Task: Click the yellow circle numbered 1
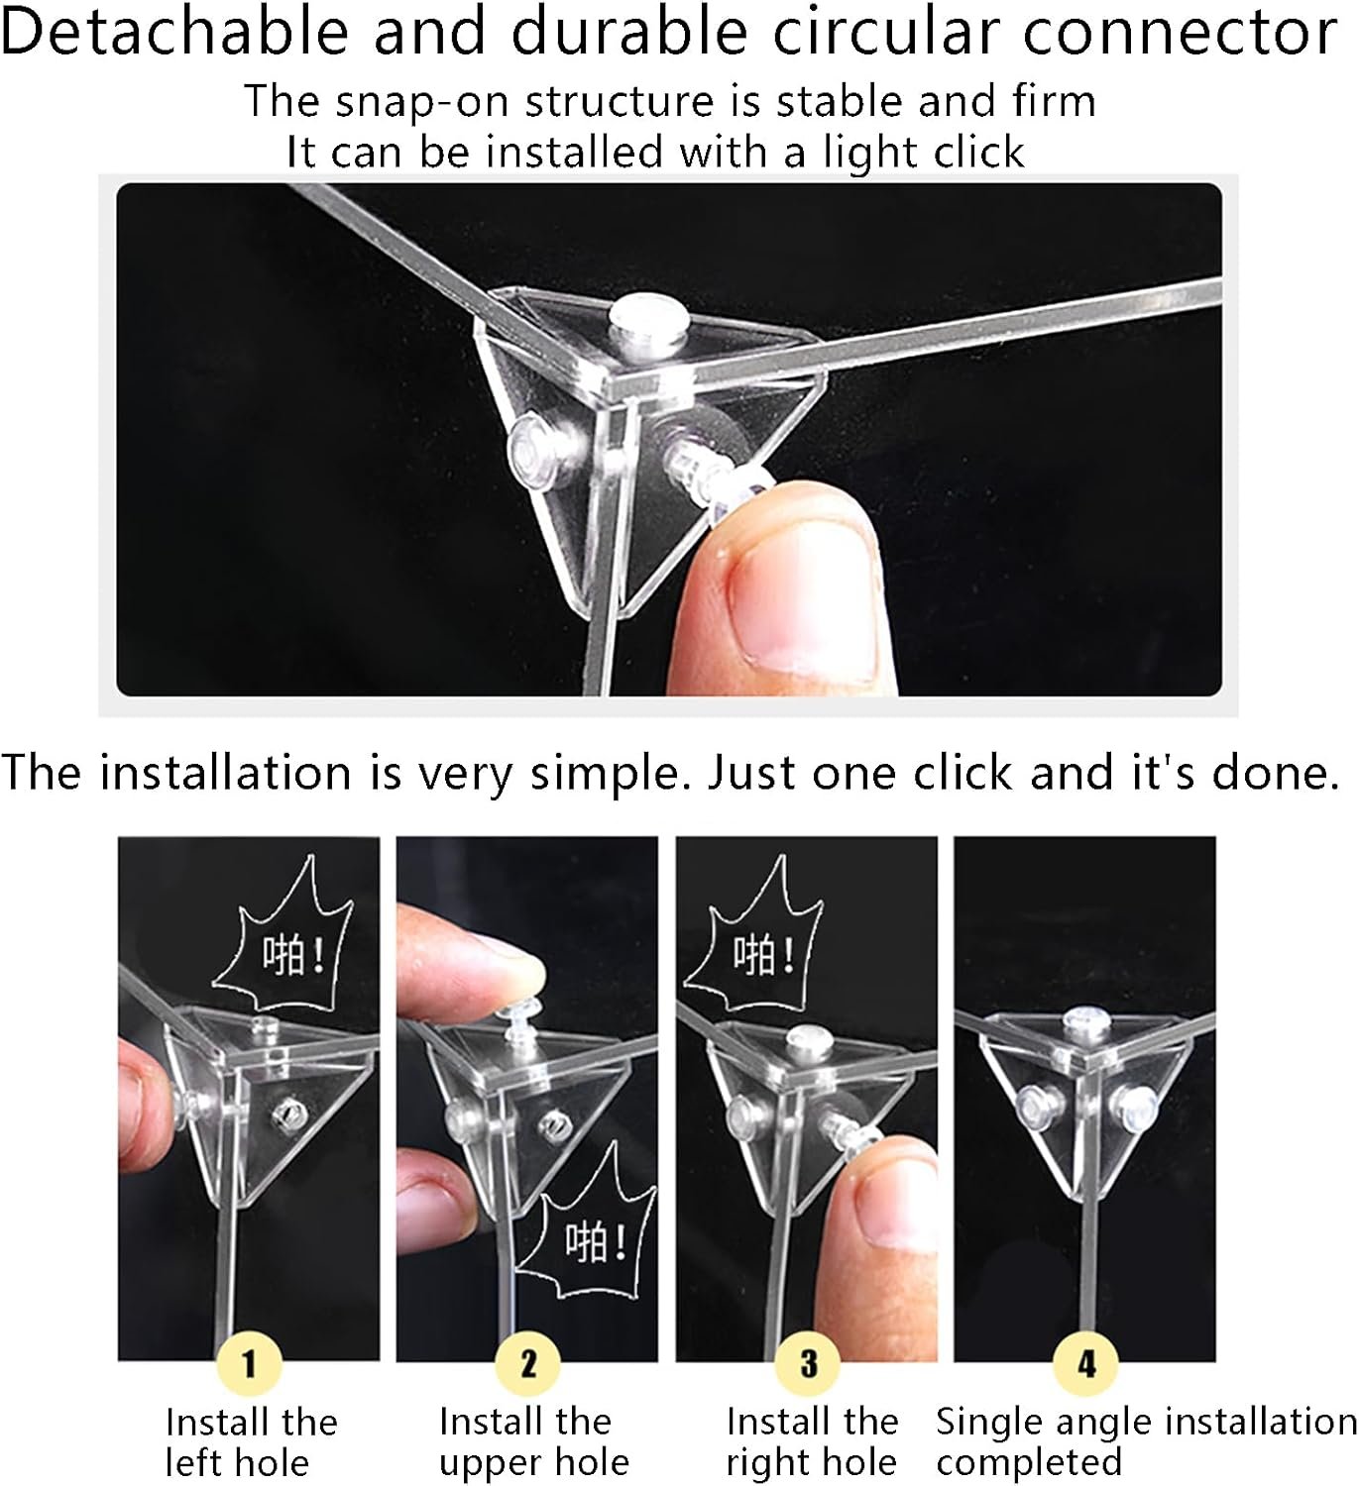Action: [249, 1364]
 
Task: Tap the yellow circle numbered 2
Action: [528, 1364]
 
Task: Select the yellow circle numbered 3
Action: [808, 1364]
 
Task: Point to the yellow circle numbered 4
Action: [1086, 1364]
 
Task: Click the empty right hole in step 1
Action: [285, 1111]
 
